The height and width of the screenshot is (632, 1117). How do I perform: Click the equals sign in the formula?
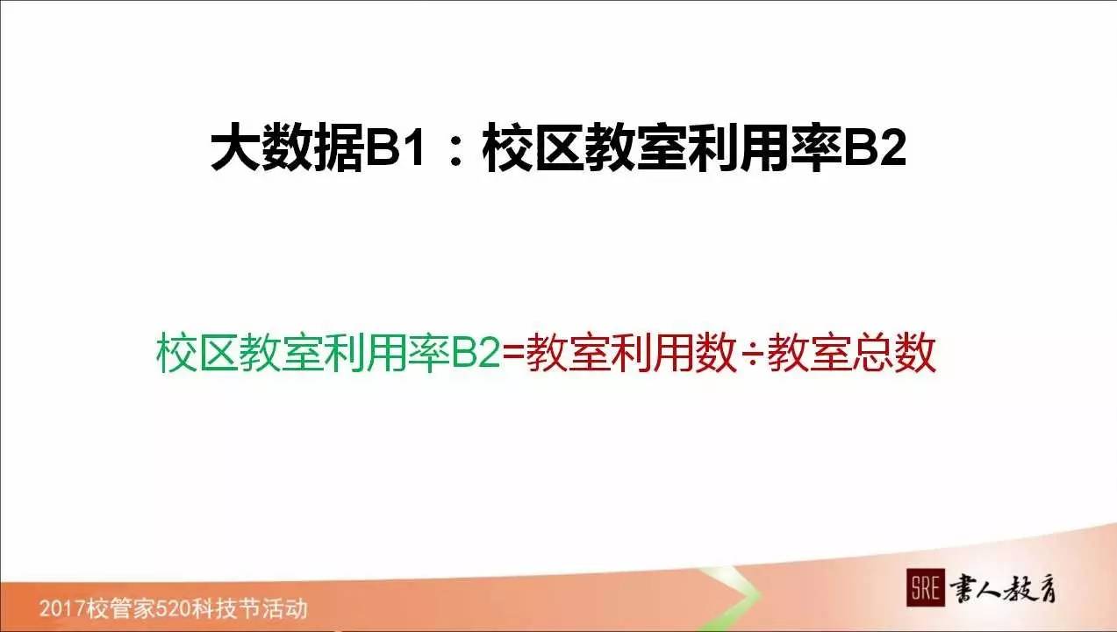514,354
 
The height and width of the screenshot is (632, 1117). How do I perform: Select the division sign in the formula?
751,355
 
